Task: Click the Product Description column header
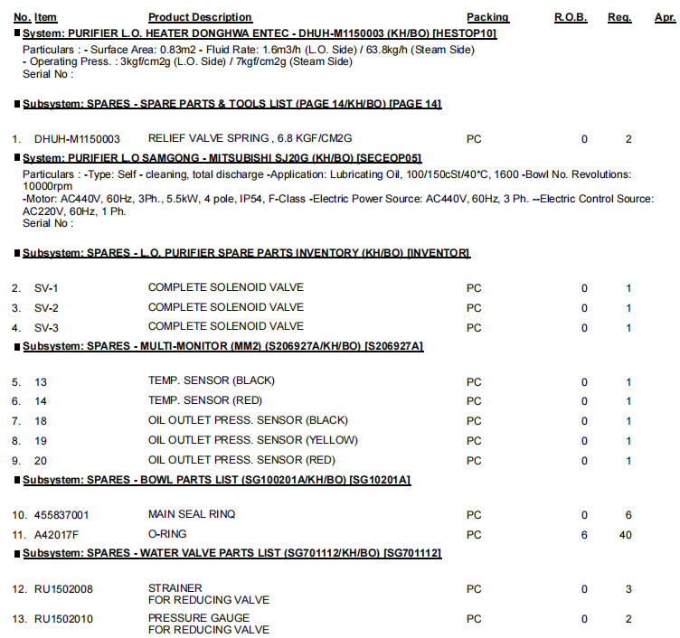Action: pos(200,17)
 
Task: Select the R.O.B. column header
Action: pos(572,17)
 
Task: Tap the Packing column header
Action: pos(487,17)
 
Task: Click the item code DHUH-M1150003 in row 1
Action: pos(77,139)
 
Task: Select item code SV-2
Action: pos(47,307)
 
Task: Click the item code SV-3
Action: pos(47,326)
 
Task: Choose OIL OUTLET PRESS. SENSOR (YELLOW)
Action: pos(253,440)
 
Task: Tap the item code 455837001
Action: pos(61,515)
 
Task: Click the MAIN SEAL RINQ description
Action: pos(192,515)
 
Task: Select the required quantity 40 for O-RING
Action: pos(625,535)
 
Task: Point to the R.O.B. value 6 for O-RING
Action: pos(584,535)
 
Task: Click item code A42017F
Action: pos(57,535)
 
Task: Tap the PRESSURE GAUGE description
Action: pos(198,619)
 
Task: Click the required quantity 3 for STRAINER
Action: pos(628,589)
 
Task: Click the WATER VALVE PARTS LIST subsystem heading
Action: pos(232,552)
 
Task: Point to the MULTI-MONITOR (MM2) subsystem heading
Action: pos(222,346)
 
